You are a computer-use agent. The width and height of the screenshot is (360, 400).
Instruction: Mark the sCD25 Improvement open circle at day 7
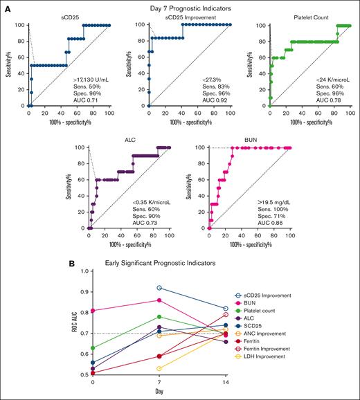pos(160,287)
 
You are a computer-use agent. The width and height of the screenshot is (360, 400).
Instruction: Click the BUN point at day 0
pos(93,311)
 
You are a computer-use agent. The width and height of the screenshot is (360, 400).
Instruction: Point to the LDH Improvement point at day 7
pos(160,369)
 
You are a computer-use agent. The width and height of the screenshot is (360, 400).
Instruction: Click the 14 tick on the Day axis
pos(226,383)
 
